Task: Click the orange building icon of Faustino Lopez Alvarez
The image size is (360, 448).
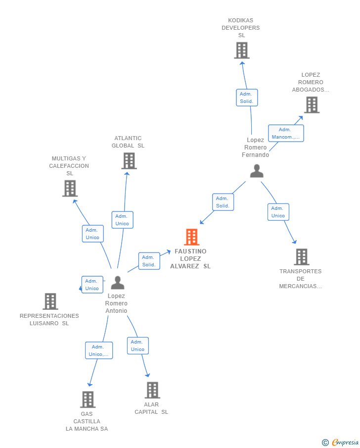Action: [x=191, y=237]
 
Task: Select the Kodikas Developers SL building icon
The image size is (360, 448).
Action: [x=242, y=50]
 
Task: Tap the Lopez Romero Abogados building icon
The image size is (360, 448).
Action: [x=312, y=105]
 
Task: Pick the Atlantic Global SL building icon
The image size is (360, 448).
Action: [x=129, y=160]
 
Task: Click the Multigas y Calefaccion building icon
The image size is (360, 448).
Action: [x=70, y=188]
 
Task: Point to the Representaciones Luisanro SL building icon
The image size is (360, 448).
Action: [x=50, y=301]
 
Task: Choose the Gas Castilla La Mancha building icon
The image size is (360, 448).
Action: [x=88, y=399]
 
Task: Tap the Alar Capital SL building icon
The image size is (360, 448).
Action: [x=152, y=390]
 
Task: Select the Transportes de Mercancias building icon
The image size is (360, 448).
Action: [x=302, y=257]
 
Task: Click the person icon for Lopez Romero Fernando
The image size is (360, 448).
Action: [x=257, y=171]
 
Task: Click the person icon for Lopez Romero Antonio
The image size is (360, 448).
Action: [x=118, y=283]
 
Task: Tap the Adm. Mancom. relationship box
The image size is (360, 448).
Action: [x=286, y=133]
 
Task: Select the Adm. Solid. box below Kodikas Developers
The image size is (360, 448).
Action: [x=247, y=98]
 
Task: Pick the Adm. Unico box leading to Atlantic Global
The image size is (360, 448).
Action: [x=123, y=220]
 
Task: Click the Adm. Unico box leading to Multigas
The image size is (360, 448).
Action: [x=93, y=234]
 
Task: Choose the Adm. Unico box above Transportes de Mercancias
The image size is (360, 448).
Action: [x=278, y=212]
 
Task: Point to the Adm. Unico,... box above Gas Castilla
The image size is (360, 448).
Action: [x=99, y=350]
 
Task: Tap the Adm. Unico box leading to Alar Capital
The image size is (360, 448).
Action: [x=138, y=346]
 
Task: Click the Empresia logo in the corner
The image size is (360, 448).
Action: [x=340, y=442]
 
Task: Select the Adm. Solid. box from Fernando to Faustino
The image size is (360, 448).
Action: [x=223, y=202]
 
